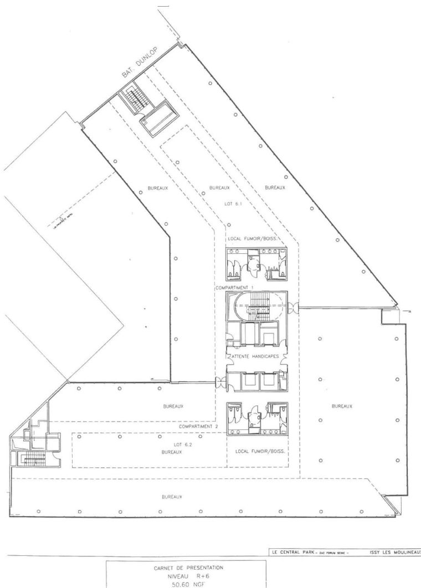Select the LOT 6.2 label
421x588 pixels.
[x=178, y=445]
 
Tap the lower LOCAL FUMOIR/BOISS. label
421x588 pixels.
[x=260, y=451]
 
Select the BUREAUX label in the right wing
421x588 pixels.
[x=342, y=406]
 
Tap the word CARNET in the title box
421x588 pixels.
[x=162, y=566]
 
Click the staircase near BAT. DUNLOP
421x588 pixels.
[x=132, y=98]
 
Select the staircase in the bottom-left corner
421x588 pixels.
[x=31, y=458]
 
